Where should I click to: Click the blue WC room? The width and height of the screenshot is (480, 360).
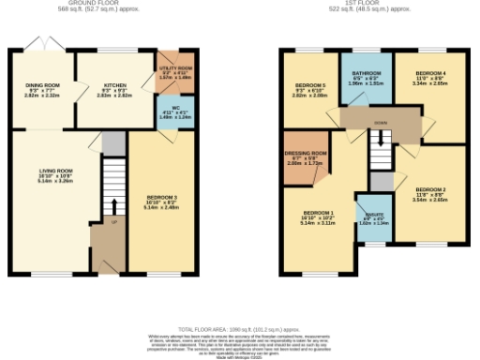[x=170, y=112]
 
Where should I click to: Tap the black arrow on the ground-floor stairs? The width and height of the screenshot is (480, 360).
[x=114, y=207]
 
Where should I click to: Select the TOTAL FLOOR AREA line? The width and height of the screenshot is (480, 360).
[x=238, y=328]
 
